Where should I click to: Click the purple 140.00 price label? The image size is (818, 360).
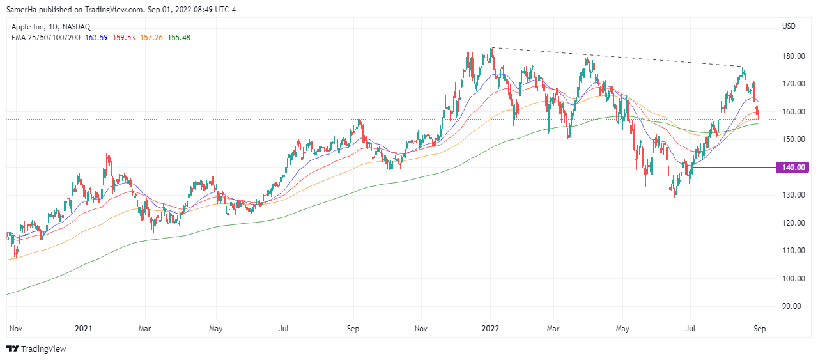[x=792, y=168]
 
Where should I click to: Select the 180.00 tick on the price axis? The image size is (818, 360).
[x=792, y=56]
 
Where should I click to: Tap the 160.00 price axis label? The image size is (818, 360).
[x=792, y=112]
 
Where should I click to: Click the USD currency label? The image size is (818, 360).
[x=789, y=26]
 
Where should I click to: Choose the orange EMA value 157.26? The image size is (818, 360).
[x=151, y=38]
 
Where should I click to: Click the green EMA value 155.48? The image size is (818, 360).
[x=179, y=38]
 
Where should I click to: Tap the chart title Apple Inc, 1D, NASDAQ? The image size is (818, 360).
[x=52, y=26]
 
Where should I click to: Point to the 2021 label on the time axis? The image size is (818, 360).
[x=84, y=329]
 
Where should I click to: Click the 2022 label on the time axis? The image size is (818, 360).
[x=491, y=329]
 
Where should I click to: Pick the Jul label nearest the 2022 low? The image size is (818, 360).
[x=690, y=329]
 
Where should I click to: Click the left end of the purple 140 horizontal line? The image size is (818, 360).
[x=692, y=167]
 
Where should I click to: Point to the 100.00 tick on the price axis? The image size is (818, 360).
[x=792, y=279]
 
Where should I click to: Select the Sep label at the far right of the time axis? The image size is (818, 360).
[x=759, y=329]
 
